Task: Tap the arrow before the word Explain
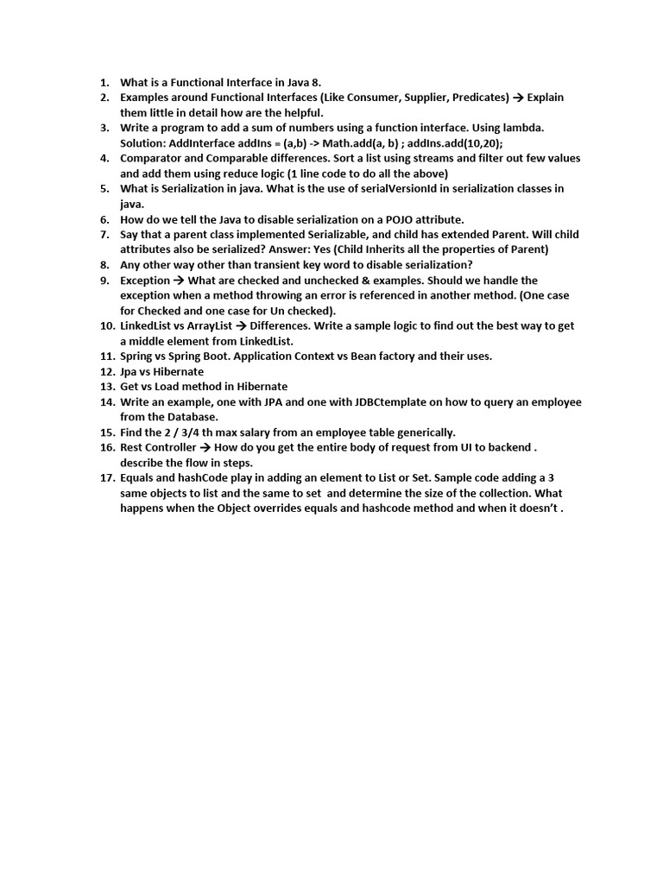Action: tap(519, 98)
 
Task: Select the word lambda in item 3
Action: tap(521, 128)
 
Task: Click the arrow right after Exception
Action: tap(179, 281)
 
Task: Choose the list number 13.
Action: tap(107, 387)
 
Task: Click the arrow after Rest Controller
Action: tap(205, 448)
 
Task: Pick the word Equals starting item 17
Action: tap(138, 478)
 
